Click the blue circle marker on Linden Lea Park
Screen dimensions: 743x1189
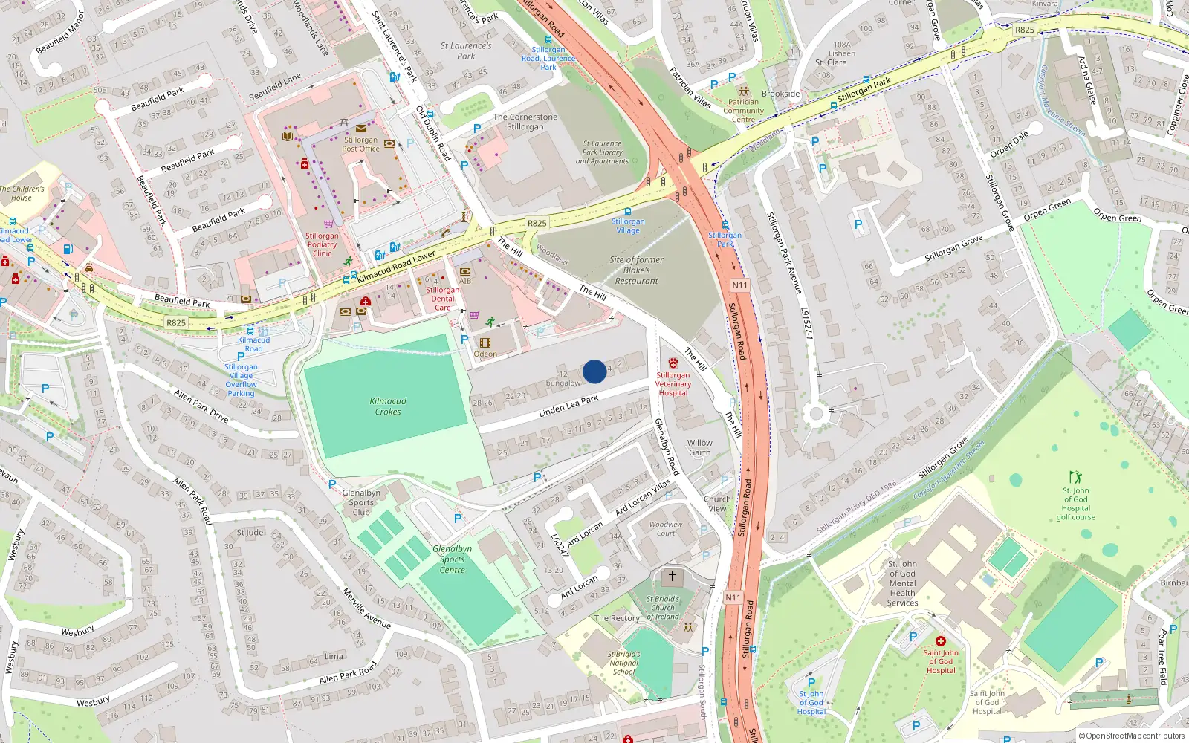click(x=594, y=371)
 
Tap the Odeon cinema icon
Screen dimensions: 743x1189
click(x=485, y=343)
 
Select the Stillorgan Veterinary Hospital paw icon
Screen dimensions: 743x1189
click(x=673, y=363)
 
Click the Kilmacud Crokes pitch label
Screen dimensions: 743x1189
click(x=388, y=406)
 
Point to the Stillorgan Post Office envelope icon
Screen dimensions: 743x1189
click(x=361, y=129)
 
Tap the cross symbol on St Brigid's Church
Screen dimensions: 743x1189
click(x=673, y=576)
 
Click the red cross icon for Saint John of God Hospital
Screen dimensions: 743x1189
click(x=940, y=641)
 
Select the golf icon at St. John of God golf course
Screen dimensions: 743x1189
click(x=1075, y=476)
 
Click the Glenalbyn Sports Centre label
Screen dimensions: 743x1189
click(x=452, y=559)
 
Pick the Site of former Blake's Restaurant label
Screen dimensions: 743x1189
click(x=636, y=270)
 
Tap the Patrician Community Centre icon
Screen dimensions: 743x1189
click(x=743, y=91)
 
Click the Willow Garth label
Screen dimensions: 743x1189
click(x=699, y=447)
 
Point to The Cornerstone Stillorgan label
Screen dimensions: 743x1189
click(x=525, y=122)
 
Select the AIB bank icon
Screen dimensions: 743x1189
click(x=465, y=272)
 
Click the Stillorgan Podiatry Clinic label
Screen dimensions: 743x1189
click(x=322, y=244)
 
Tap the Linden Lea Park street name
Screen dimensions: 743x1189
click(x=568, y=406)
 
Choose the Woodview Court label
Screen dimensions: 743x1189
click(x=666, y=528)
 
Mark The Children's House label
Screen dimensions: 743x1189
click(x=22, y=193)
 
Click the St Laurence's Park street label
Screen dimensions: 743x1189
click(x=466, y=51)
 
